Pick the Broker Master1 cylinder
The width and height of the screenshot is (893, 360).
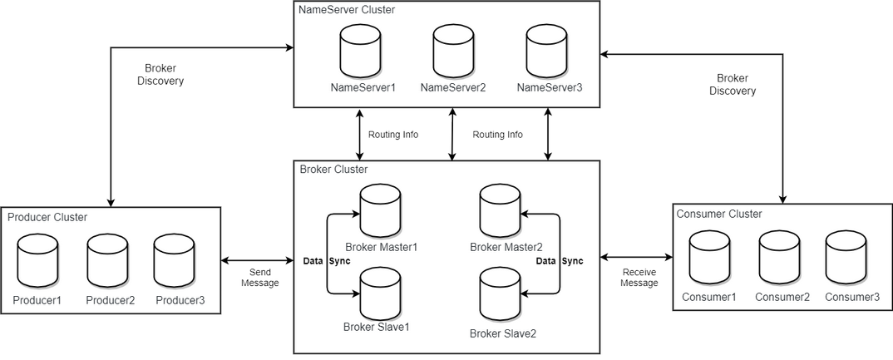(381, 210)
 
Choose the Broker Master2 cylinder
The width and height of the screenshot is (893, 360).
(500, 210)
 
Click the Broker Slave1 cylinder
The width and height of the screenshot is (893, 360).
(381, 293)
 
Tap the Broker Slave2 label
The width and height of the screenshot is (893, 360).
(503, 333)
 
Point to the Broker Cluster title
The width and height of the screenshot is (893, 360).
(333, 169)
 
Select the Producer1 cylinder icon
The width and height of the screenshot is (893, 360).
(37, 260)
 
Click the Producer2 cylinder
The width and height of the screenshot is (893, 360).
(107, 260)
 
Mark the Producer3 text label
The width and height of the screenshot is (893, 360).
(180, 300)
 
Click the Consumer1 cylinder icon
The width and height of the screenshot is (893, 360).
(709, 257)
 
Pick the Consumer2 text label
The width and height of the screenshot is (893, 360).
(782, 297)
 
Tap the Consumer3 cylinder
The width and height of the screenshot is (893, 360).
(846, 257)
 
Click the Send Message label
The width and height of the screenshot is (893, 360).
(260, 278)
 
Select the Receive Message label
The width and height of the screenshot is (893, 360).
(639, 278)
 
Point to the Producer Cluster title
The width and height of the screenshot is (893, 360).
(47, 217)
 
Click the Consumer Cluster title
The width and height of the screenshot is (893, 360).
(719, 214)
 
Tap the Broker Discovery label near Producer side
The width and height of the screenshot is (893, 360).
(160, 75)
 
